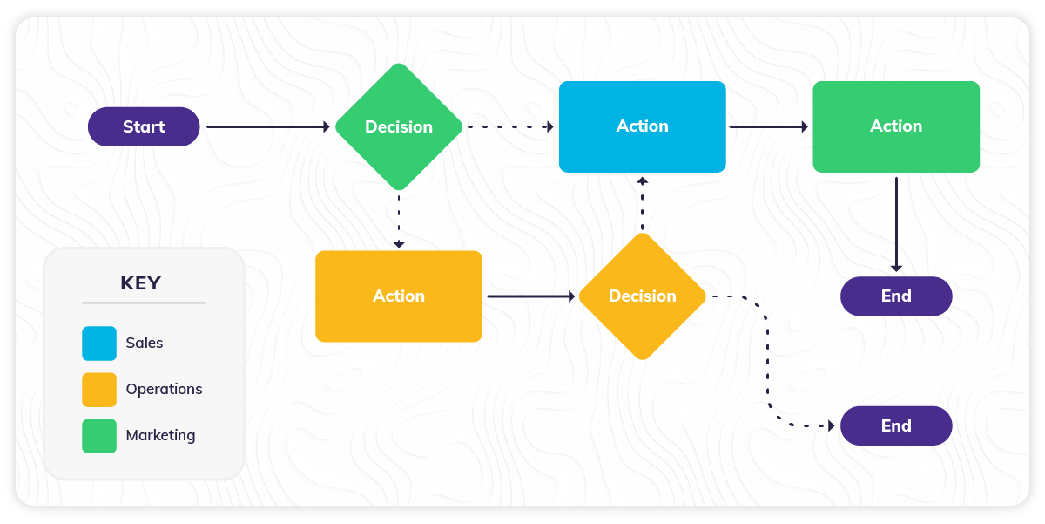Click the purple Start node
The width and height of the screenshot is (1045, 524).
144,126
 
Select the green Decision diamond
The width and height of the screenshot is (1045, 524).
398,126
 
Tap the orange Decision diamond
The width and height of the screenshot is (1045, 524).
642,296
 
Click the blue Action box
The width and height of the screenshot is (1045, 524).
642,126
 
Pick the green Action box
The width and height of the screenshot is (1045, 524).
895,126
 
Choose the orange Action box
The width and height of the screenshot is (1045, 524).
398,296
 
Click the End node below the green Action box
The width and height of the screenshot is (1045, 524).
895,296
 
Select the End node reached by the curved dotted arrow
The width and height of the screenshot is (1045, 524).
895,426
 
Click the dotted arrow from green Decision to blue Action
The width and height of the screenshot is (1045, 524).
510,127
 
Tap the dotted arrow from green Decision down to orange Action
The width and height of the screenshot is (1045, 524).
398,220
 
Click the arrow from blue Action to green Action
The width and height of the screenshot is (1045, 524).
768,127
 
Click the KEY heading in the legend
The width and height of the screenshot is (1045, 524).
140,283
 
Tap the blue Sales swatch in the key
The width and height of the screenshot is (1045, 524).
99,344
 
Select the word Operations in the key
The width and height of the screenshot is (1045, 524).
164,390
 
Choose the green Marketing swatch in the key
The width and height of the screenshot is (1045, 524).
99,436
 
